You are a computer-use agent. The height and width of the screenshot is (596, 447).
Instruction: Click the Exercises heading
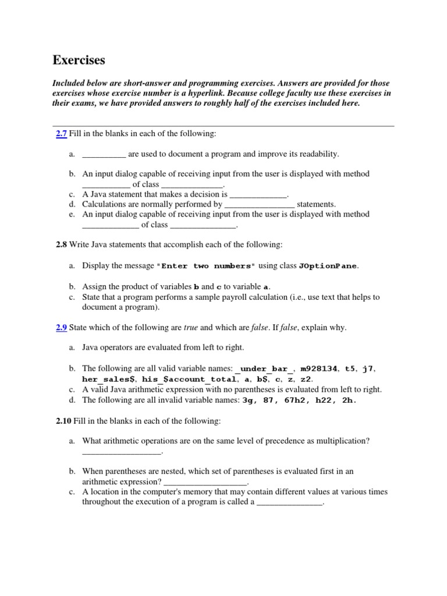pos(79,60)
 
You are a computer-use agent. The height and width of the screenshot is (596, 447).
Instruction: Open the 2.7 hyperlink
pos(62,134)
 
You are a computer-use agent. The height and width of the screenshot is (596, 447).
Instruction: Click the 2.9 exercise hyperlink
pos(62,328)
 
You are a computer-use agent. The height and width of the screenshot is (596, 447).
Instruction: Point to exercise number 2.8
pos(62,245)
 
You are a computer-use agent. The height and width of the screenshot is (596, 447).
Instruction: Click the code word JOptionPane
pos(328,267)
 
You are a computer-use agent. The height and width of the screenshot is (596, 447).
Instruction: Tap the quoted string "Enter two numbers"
pos(206,267)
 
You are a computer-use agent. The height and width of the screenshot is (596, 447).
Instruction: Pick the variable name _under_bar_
pos(265,369)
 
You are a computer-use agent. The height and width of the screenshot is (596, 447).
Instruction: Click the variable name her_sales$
pos(109,379)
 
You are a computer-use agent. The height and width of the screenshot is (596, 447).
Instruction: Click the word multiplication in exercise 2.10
pos(343,441)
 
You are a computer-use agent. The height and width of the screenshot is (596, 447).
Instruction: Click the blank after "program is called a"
pos(289,502)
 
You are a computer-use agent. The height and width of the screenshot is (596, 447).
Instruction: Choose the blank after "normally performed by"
pos(260,204)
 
